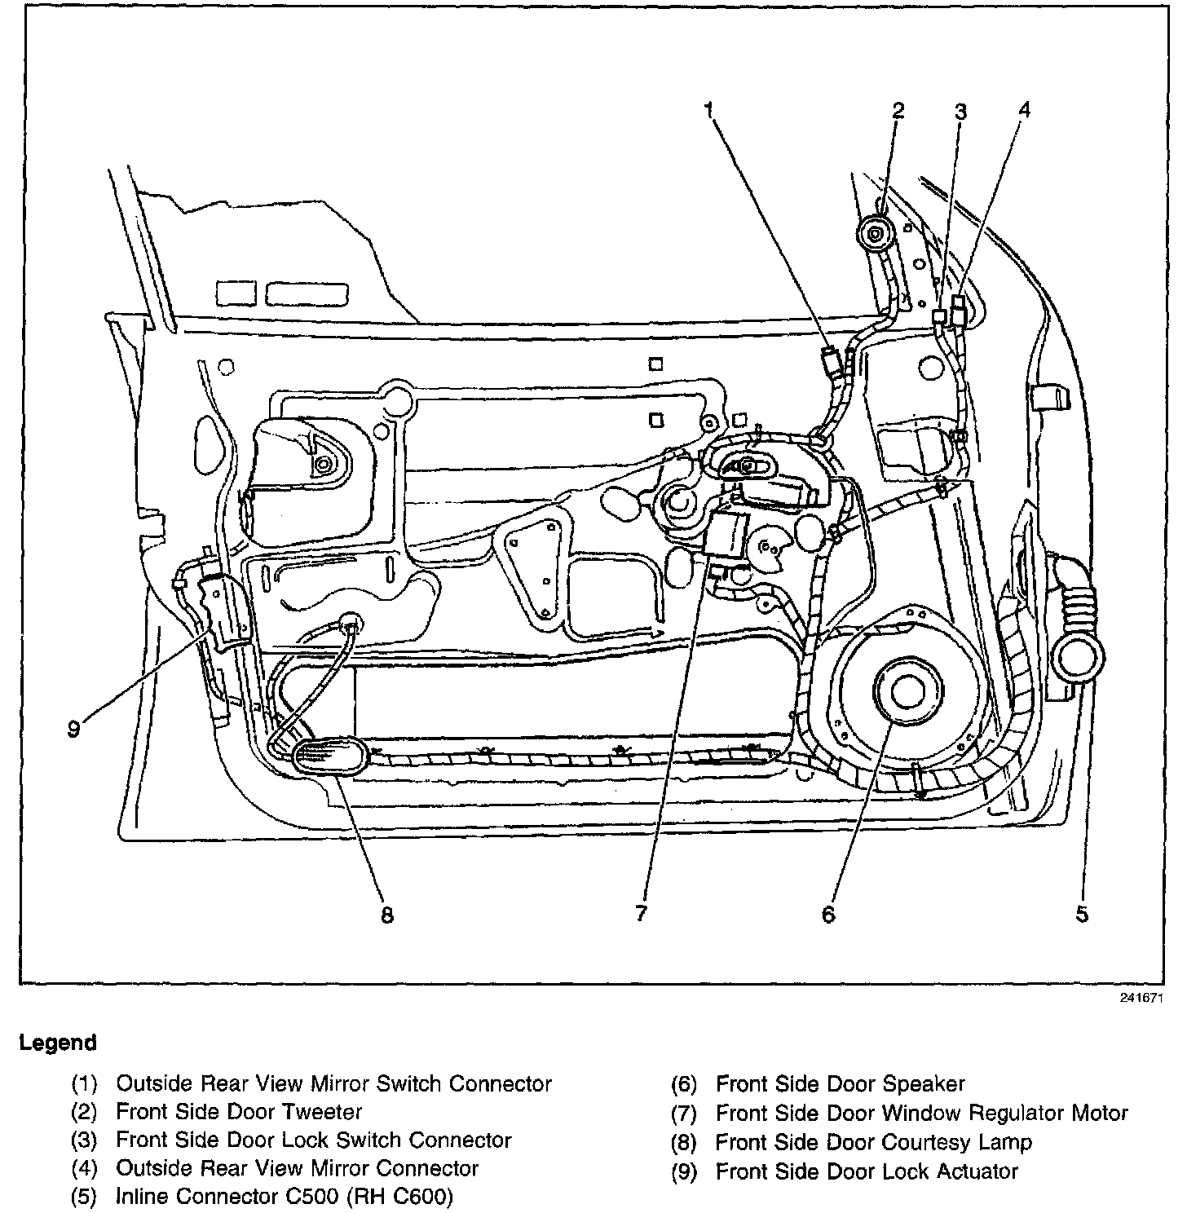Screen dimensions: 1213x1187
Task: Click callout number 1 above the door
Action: tap(710, 109)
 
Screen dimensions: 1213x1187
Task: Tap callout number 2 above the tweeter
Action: tap(898, 109)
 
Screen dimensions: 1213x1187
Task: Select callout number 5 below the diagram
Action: tap(1082, 914)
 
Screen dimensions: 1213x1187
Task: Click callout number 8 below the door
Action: tap(386, 915)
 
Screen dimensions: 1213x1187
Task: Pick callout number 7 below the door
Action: tap(641, 914)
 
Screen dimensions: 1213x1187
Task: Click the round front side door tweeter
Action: tap(876, 236)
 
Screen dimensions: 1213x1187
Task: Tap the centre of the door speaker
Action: tap(903, 691)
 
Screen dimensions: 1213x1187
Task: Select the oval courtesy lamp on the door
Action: tap(329, 755)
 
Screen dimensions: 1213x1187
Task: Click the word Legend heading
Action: tap(58, 1042)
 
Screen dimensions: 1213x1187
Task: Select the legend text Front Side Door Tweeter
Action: tap(239, 1112)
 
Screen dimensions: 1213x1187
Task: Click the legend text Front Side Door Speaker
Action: tap(840, 1084)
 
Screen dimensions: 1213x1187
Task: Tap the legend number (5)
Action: tap(85, 1197)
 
